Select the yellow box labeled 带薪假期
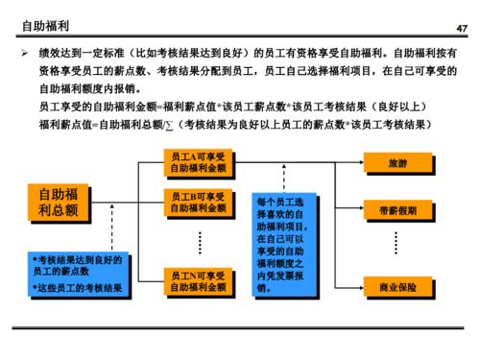(x=396, y=209)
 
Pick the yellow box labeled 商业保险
(x=396, y=285)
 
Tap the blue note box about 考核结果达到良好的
(x=77, y=274)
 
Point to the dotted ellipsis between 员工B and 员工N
(x=199, y=241)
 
